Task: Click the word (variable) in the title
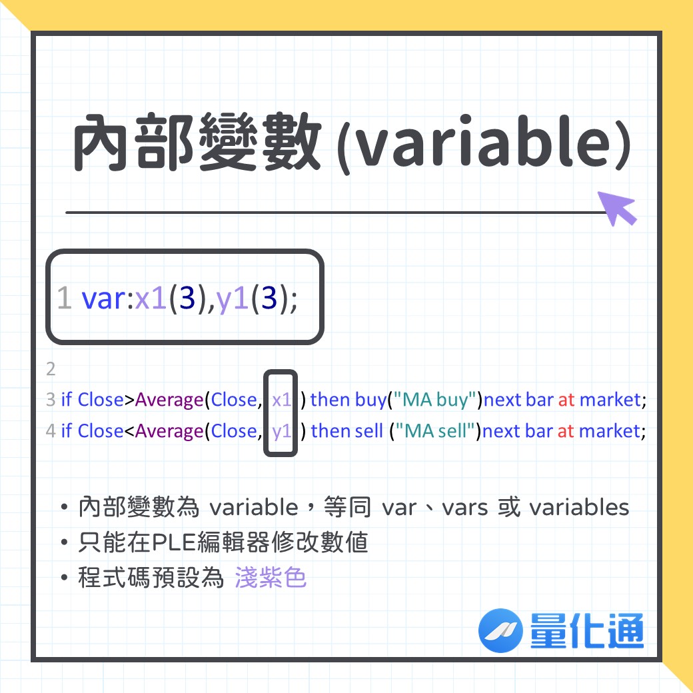(x=484, y=144)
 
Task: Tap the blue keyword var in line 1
(x=104, y=299)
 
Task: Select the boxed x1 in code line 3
(x=281, y=400)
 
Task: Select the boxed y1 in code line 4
(x=281, y=432)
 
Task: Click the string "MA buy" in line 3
(x=435, y=400)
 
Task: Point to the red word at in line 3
(x=566, y=400)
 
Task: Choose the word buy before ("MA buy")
(x=370, y=400)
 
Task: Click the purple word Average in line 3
(x=169, y=400)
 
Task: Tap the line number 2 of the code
(x=51, y=368)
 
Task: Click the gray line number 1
(x=65, y=298)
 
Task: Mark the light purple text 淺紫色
(x=271, y=577)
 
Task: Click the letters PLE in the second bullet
(x=174, y=542)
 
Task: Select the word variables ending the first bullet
(x=579, y=508)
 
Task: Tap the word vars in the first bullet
(x=465, y=508)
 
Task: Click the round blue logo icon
(x=500, y=630)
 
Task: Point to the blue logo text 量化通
(x=587, y=630)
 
